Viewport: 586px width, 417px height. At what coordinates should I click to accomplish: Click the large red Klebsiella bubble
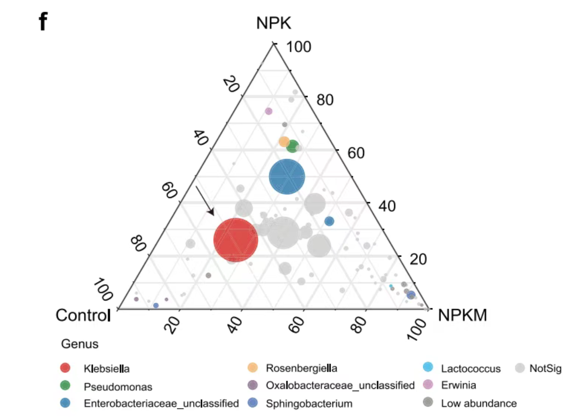pyautogui.click(x=235, y=240)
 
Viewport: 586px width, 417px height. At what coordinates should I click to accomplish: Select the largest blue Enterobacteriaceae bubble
pyautogui.click(x=287, y=177)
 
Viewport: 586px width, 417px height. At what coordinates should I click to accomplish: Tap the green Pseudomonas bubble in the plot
pyautogui.click(x=293, y=146)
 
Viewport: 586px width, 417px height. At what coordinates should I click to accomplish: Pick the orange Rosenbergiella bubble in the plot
pyautogui.click(x=284, y=141)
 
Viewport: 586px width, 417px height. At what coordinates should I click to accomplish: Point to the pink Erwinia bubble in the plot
pyautogui.click(x=269, y=111)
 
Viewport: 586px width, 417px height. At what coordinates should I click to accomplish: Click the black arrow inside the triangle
pyautogui.click(x=205, y=200)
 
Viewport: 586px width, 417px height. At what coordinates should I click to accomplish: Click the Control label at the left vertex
pyautogui.click(x=83, y=315)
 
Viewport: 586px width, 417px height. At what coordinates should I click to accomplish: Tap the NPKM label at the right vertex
pyautogui.click(x=463, y=315)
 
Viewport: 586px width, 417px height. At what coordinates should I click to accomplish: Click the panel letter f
pyautogui.click(x=43, y=21)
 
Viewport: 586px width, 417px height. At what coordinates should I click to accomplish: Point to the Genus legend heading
pyautogui.click(x=79, y=344)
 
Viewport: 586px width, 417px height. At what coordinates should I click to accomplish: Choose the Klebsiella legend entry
pyautogui.click(x=107, y=368)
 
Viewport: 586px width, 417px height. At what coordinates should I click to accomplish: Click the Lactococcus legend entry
pyautogui.click(x=471, y=368)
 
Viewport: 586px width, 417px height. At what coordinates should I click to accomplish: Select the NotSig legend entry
pyautogui.click(x=545, y=368)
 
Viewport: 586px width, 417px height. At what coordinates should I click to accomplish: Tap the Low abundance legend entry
pyautogui.click(x=479, y=403)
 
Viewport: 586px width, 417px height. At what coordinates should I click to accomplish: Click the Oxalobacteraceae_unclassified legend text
pyautogui.click(x=340, y=386)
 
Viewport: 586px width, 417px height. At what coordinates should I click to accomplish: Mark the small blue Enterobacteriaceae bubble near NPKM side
pyautogui.click(x=329, y=221)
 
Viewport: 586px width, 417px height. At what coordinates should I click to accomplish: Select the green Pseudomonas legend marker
pyautogui.click(x=65, y=386)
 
